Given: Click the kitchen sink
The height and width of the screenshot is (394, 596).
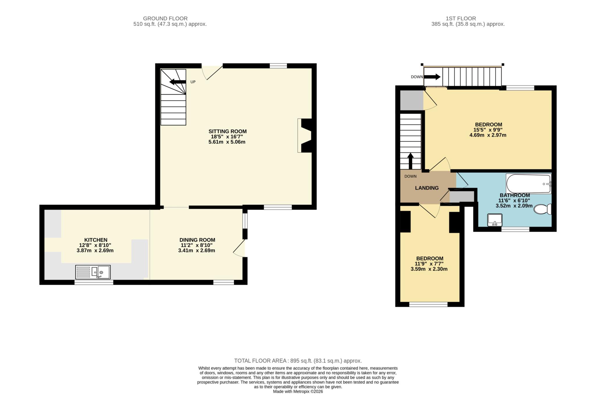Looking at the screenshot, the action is [x=93, y=272].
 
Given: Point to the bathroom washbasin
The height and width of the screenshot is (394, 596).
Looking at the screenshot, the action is [x=495, y=220].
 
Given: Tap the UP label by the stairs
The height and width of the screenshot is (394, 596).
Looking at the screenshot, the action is [x=193, y=82].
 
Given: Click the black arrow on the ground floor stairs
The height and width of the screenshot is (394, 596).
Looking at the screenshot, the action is [x=178, y=82].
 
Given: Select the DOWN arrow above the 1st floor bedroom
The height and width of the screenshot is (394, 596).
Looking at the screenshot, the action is [x=432, y=77].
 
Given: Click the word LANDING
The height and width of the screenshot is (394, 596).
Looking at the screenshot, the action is [x=427, y=188].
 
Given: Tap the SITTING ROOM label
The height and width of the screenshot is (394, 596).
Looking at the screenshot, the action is [x=228, y=131].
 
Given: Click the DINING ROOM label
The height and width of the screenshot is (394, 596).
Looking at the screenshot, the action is [x=197, y=240].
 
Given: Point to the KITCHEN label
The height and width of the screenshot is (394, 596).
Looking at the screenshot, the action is [x=96, y=240].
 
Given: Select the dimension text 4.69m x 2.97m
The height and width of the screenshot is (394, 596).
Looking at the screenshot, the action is [x=488, y=135].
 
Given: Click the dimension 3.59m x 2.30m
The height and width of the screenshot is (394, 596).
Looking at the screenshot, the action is [x=429, y=269].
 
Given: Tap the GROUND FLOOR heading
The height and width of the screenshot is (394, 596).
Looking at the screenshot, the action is [x=165, y=19].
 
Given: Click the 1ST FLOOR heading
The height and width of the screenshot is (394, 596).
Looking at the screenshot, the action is [x=461, y=19].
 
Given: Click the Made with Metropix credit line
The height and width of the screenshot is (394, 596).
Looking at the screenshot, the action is [x=298, y=391].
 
